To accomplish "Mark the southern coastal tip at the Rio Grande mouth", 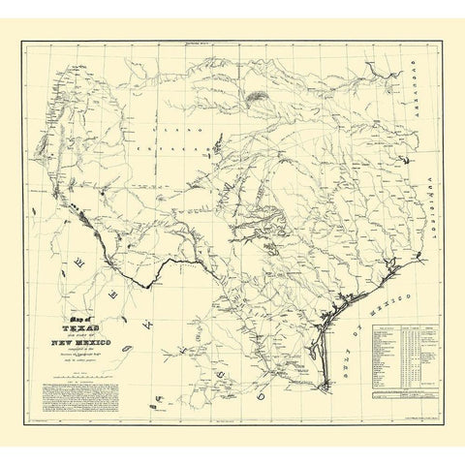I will click(x=321, y=387).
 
